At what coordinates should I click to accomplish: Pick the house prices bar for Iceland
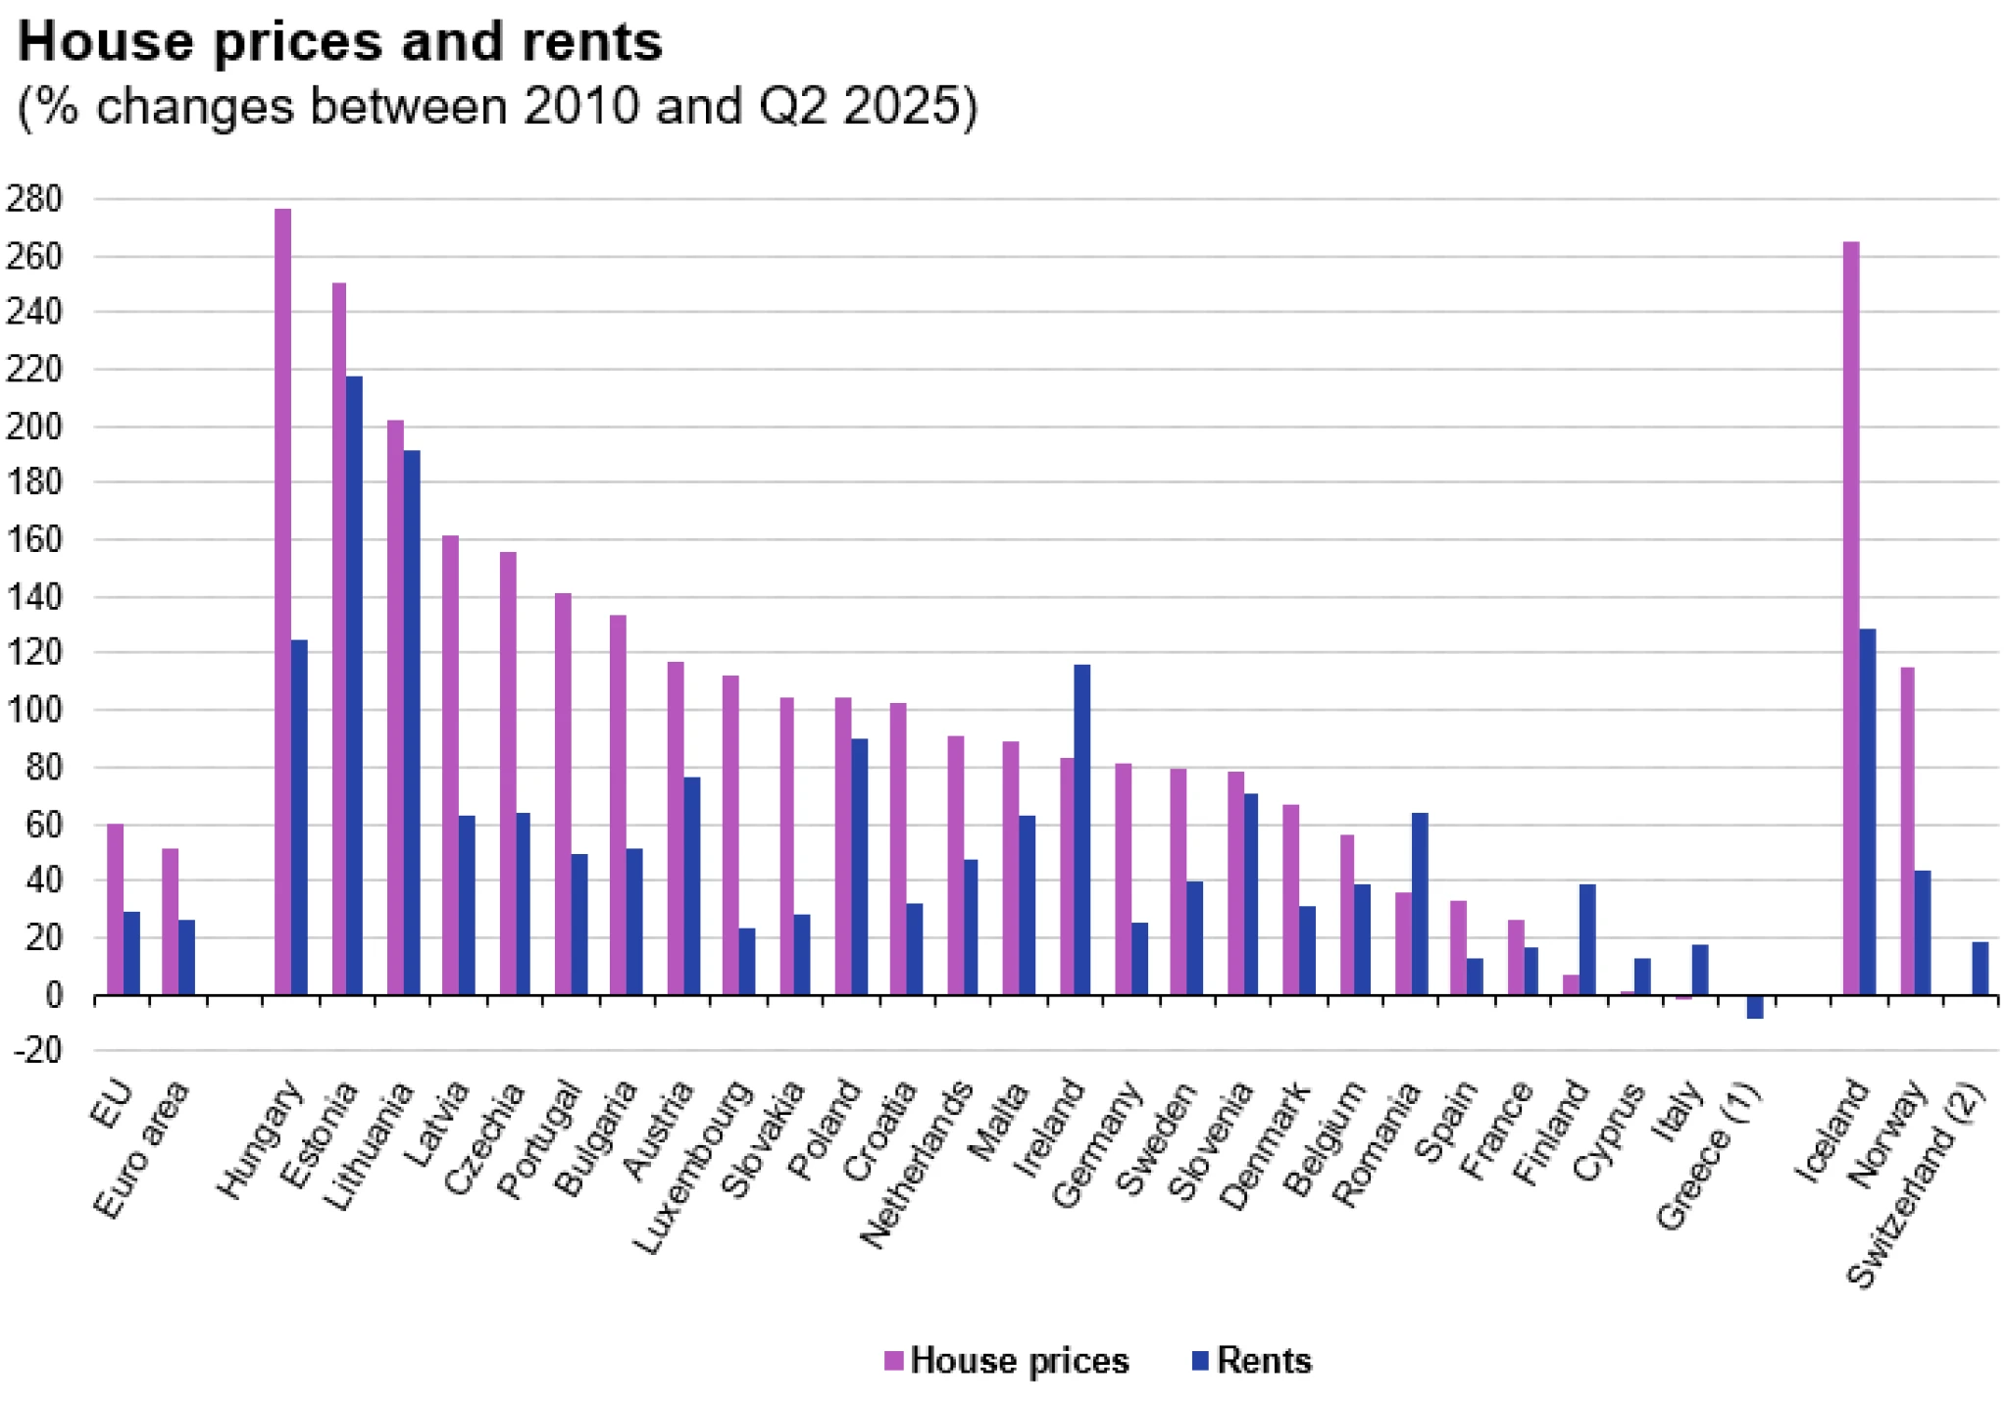click(1851, 618)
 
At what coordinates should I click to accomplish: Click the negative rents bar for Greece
click(1755, 1007)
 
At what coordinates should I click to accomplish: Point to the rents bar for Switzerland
click(1981, 968)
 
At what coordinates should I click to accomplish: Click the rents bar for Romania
click(1419, 903)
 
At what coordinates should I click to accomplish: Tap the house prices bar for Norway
click(1907, 830)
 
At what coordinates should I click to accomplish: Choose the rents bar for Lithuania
click(412, 722)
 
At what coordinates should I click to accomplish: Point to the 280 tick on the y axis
click(33, 199)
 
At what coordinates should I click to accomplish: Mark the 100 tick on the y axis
click(33, 710)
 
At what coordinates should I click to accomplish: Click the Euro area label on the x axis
click(141, 1149)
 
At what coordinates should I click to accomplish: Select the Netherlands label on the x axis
click(917, 1164)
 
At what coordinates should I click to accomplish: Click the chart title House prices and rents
click(340, 42)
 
